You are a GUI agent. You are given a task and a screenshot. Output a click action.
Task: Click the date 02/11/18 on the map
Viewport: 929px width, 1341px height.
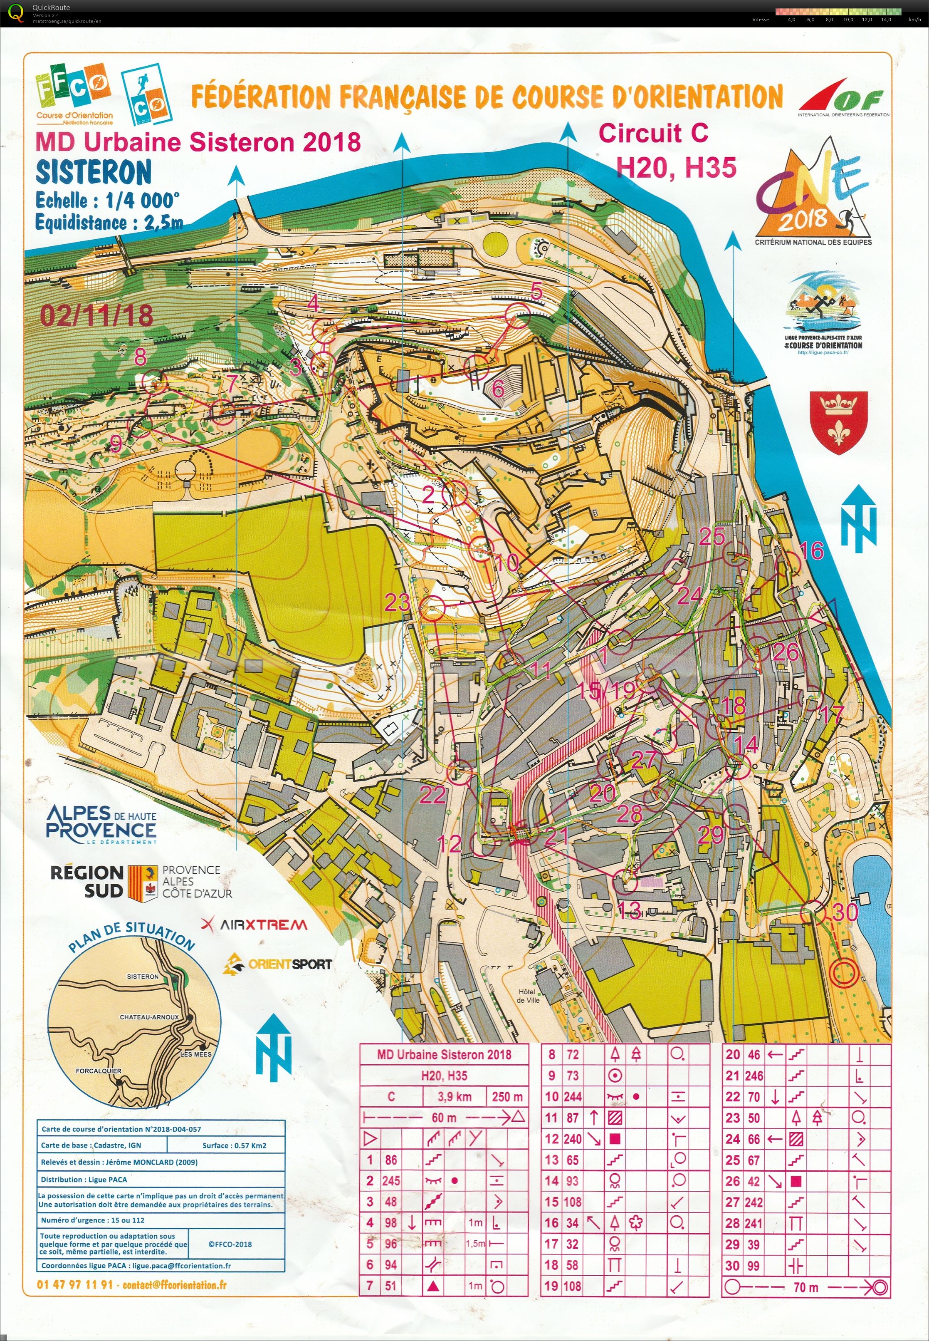pos(96,316)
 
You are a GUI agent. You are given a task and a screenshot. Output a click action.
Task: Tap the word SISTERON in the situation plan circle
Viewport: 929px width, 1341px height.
pos(143,977)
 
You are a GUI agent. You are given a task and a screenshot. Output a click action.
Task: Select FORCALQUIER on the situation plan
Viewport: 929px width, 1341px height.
pos(99,1070)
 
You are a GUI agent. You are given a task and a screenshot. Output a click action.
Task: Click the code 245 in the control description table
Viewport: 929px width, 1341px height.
pos(391,1180)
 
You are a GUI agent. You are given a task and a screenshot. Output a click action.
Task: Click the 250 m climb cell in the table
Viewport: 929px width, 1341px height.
pos(507,1096)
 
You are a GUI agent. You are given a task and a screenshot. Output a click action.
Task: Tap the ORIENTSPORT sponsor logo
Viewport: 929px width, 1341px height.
pos(278,964)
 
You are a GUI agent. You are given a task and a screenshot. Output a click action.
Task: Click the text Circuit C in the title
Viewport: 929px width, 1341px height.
pos(653,133)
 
